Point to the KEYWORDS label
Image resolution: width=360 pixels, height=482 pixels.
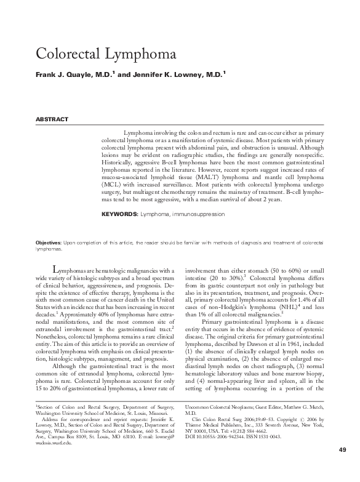[119, 214]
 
